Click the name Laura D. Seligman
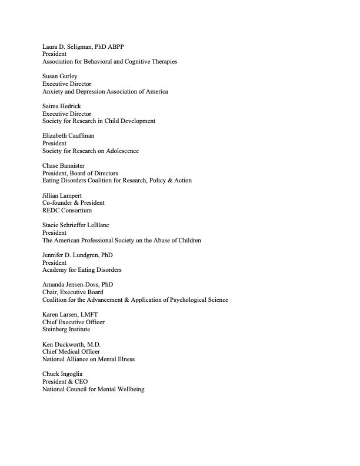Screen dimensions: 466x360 click(x=67, y=46)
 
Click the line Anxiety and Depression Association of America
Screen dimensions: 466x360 click(x=105, y=92)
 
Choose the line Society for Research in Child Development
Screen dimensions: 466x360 click(x=99, y=121)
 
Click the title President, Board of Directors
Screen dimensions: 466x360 click(x=80, y=174)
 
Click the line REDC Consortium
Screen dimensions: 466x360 click(x=67, y=210)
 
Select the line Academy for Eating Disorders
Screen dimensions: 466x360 click(x=82, y=269)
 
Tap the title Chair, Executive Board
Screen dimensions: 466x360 click(x=72, y=292)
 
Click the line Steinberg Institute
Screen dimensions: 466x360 click(x=66, y=329)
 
